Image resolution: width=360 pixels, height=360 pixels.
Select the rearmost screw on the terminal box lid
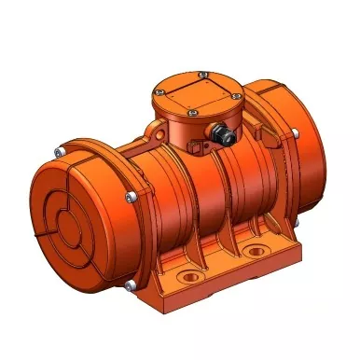[x=202, y=73]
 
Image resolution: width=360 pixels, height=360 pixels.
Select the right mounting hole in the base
[x=254, y=252]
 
